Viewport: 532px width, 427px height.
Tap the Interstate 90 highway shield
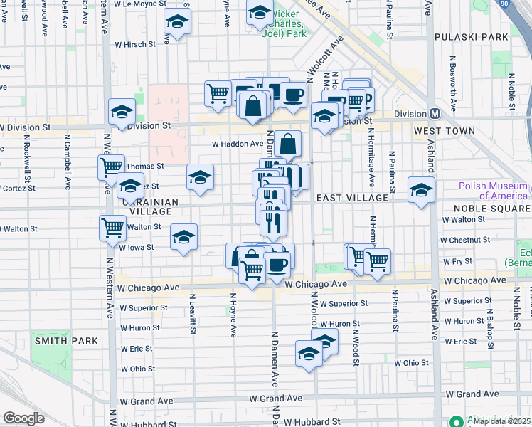click(525, 5)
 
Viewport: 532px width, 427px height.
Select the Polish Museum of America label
click(494, 191)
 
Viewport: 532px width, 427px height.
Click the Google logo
click(23, 418)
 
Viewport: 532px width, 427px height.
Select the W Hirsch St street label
click(134, 44)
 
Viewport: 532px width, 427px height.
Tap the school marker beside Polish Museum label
click(421, 190)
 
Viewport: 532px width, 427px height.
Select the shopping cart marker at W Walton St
click(113, 228)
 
